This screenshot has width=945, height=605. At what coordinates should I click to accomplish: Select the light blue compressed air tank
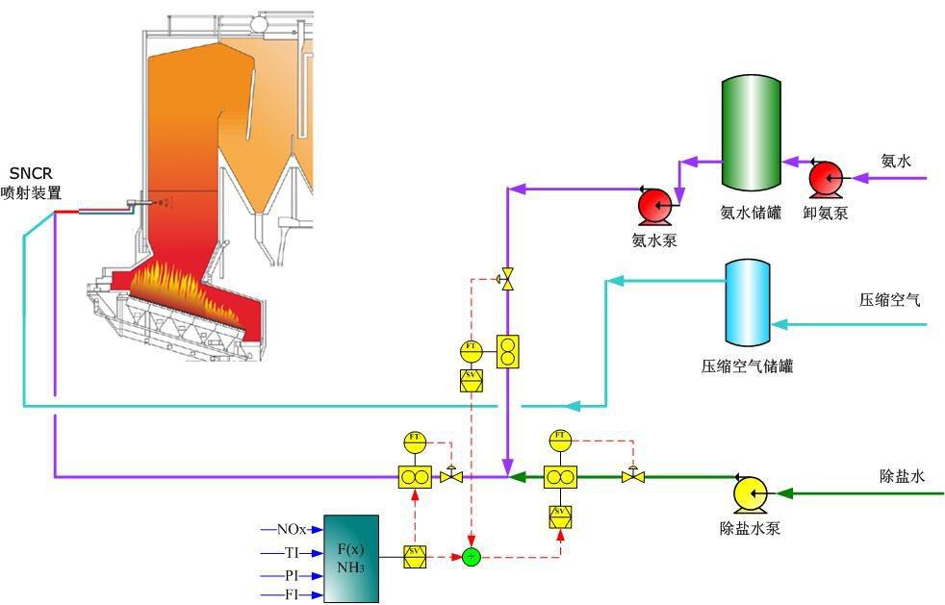coord(748,302)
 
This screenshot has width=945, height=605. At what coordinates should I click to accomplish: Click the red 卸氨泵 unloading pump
coord(825,179)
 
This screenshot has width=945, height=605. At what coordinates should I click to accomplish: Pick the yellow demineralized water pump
coord(749,492)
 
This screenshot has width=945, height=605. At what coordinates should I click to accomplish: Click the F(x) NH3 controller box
coord(350,558)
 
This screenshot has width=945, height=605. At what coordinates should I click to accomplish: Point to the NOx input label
coord(292,529)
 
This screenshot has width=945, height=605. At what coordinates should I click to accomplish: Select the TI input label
coord(292,552)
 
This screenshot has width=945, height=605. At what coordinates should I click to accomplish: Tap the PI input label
coord(292,574)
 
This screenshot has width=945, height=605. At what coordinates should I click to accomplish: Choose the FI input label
coord(292,595)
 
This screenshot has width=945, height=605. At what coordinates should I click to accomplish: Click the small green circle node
coord(471,556)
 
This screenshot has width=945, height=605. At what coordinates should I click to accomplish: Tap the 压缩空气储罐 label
coord(747,366)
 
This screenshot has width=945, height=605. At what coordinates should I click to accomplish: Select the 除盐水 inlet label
coord(902,475)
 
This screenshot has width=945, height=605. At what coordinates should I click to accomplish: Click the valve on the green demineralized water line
coord(631,475)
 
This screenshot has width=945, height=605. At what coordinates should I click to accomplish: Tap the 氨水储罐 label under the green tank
coord(751,213)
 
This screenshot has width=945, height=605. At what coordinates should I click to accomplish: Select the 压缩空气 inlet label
coord(889,299)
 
